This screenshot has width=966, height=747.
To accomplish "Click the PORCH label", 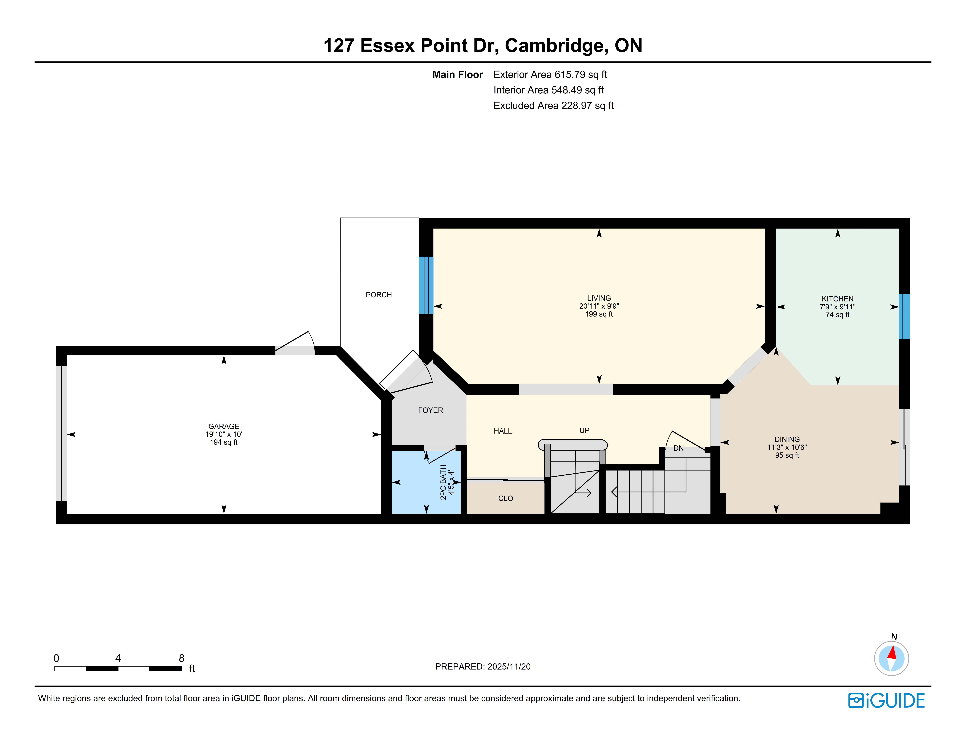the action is click(x=379, y=295).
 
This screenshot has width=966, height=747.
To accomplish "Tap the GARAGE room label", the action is click(x=224, y=426).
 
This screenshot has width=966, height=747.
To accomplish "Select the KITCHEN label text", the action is click(x=837, y=299).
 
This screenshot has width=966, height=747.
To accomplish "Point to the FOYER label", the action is click(x=430, y=410).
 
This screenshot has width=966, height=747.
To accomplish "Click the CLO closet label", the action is click(x=506, y=498).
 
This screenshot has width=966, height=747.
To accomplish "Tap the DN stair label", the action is click(x=679, y=448).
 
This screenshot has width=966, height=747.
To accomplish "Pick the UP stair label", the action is click(x=584, y=430).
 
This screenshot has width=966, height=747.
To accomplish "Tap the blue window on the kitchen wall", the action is click(x=905, y=317).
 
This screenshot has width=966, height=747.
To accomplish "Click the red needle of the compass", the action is click(x=892, y=653).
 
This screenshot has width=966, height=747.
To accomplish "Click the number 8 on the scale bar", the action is click(x=181, y=658).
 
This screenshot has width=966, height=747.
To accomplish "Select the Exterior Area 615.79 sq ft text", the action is click(x=550, y=74).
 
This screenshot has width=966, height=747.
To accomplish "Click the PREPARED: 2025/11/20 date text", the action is click(x=483, y=666).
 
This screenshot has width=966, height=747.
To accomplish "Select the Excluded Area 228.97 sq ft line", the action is click(x=553, y=105).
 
